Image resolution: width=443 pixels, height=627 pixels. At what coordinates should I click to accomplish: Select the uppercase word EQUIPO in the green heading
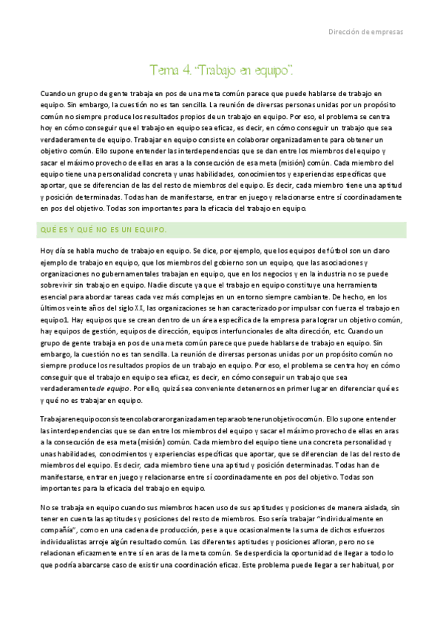pyautogui.click(x=146, y=230)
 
